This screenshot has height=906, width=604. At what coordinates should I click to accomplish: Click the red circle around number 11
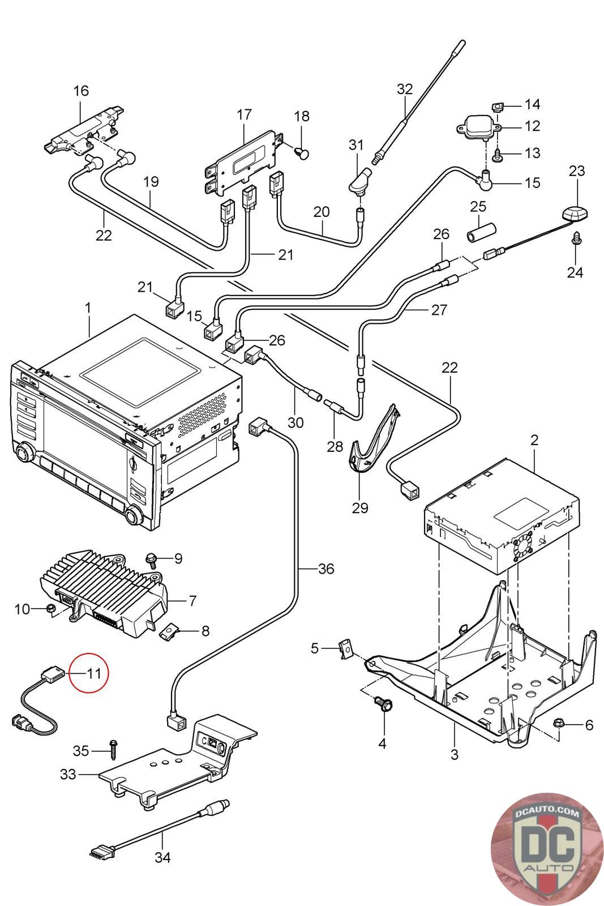(x=70, y=673)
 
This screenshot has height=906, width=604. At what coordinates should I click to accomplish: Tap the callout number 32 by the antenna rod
(x=405, y=89)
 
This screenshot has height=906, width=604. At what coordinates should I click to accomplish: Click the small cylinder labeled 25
(x=479, y=232)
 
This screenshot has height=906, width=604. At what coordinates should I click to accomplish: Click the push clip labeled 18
(x=302, y=153)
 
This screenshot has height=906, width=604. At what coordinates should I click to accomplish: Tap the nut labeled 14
(x=497, y=107)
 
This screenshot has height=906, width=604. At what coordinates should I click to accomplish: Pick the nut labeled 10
(x=51, y=608)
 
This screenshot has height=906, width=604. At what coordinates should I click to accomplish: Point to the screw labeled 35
(x=113, y=750)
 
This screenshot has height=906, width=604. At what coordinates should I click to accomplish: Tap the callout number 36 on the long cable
(x=326, y=569)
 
